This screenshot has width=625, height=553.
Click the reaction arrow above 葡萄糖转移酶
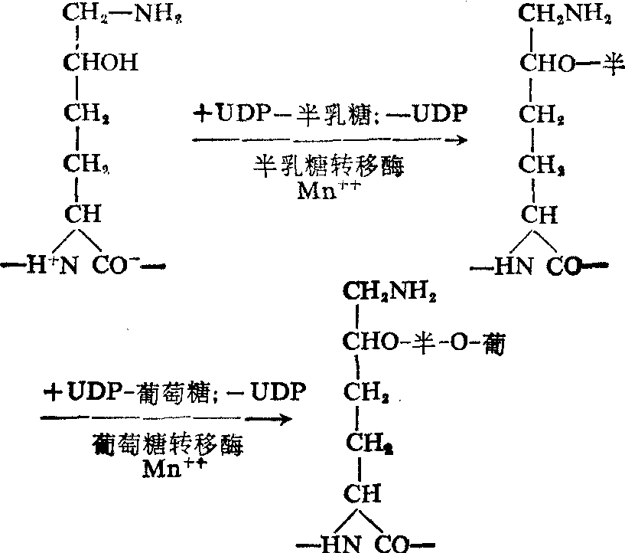click(x=166, y=418)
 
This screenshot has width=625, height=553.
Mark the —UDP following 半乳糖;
click(x=438, y=115)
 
